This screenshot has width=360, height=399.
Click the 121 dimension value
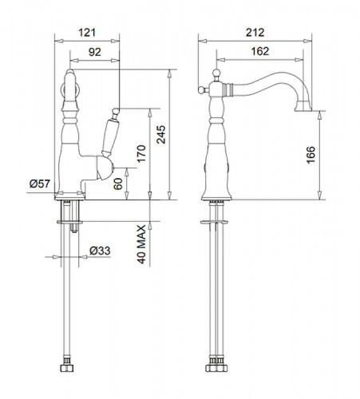[87, 33]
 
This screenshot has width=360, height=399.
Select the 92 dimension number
[94, 52]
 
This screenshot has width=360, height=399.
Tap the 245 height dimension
[160, 134]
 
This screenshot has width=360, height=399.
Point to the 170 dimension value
[141, 154]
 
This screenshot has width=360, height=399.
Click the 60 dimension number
[118, 184]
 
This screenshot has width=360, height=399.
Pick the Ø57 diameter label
[40, 184]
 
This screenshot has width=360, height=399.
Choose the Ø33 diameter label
[100, 251]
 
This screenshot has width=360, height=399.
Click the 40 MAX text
[141, 244]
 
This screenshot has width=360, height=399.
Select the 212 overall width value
[255, 33]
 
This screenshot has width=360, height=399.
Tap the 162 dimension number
[260, 51]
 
